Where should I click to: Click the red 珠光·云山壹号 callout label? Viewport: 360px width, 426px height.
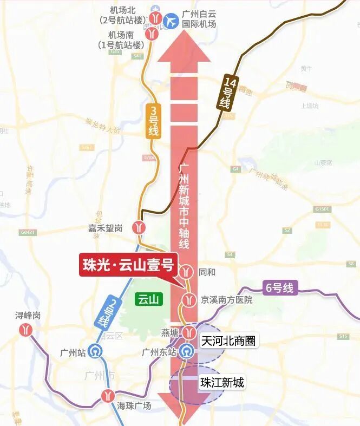[x=128, y=265]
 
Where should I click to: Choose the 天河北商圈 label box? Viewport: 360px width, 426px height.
[x=227, y=341]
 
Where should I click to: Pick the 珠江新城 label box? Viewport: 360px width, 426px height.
[x=222, y=383]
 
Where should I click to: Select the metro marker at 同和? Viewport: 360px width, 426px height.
[x=187, y=271]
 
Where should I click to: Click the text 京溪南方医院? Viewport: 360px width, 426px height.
[x=226, y=299]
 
